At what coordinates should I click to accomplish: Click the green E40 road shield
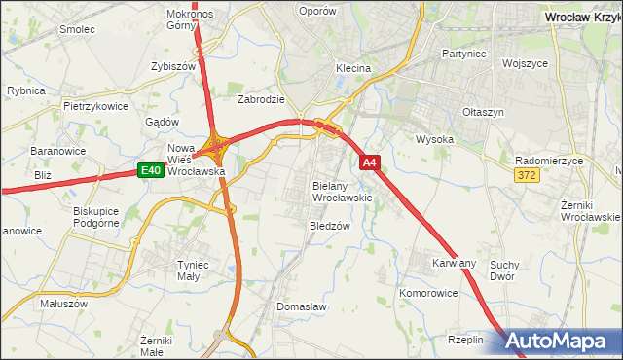[x=149, y=171]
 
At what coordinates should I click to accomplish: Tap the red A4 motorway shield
[x=370, y=163]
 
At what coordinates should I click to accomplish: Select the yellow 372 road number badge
[x=528, y=174]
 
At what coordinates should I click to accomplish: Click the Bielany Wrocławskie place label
[x=342, y=191]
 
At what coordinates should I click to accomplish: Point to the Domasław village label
[x=301, y=306]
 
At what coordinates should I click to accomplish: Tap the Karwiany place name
[x=454, y=264]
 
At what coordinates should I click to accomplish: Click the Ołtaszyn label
[x=484, y=112]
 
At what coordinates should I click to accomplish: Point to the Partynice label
[x=463, y=54]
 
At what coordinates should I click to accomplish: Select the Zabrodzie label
[x=261, y=99]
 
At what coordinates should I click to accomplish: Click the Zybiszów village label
[x=173, y=66]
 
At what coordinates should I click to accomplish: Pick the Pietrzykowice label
[x=96, y=105]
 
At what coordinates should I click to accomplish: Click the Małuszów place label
[x=64, y=303]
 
